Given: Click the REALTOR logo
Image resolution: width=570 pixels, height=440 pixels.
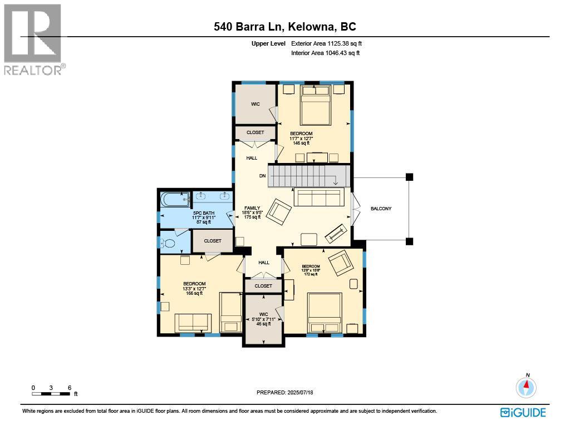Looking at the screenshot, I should click(x=33, y=39).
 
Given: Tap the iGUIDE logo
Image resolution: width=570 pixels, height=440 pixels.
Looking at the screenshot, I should click(x=523, y=412).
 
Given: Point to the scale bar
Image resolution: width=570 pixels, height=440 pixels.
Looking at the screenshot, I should click(x=51, y=394).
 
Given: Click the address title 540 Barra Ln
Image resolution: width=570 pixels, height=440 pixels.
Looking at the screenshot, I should click(x=285, y=26).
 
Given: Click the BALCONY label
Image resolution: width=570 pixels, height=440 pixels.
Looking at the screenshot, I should click(x=381, y=209).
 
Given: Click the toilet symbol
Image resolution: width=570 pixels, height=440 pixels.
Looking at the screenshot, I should click(x=168, y=243).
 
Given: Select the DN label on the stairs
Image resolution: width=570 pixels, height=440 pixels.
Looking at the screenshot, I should click(x=262, y=176).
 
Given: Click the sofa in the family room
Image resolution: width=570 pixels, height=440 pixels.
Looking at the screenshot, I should click(x=319, y=197).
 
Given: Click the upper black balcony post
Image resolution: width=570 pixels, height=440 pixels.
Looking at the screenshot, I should click(x=409, y=177).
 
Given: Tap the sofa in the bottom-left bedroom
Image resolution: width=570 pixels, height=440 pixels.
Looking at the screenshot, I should click(x=193, y=322).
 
